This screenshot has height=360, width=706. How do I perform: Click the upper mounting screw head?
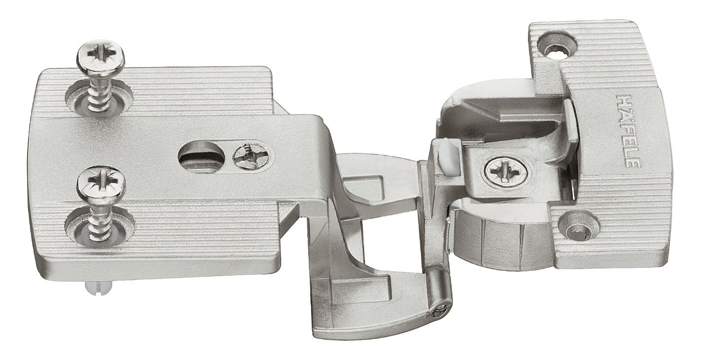click(101, 58)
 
